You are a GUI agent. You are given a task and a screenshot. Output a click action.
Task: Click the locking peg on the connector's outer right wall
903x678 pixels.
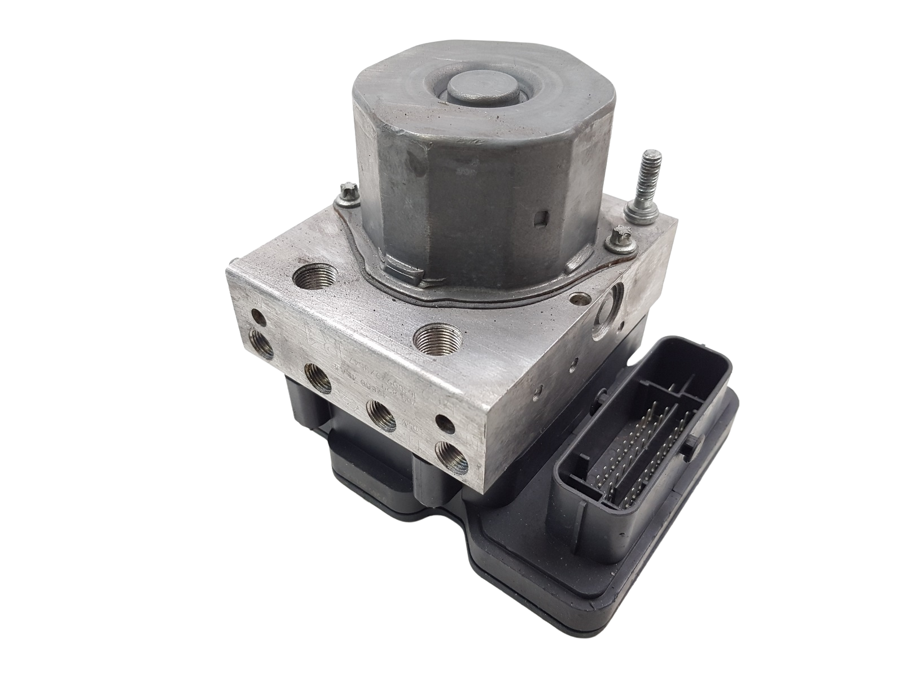(690, 449)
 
